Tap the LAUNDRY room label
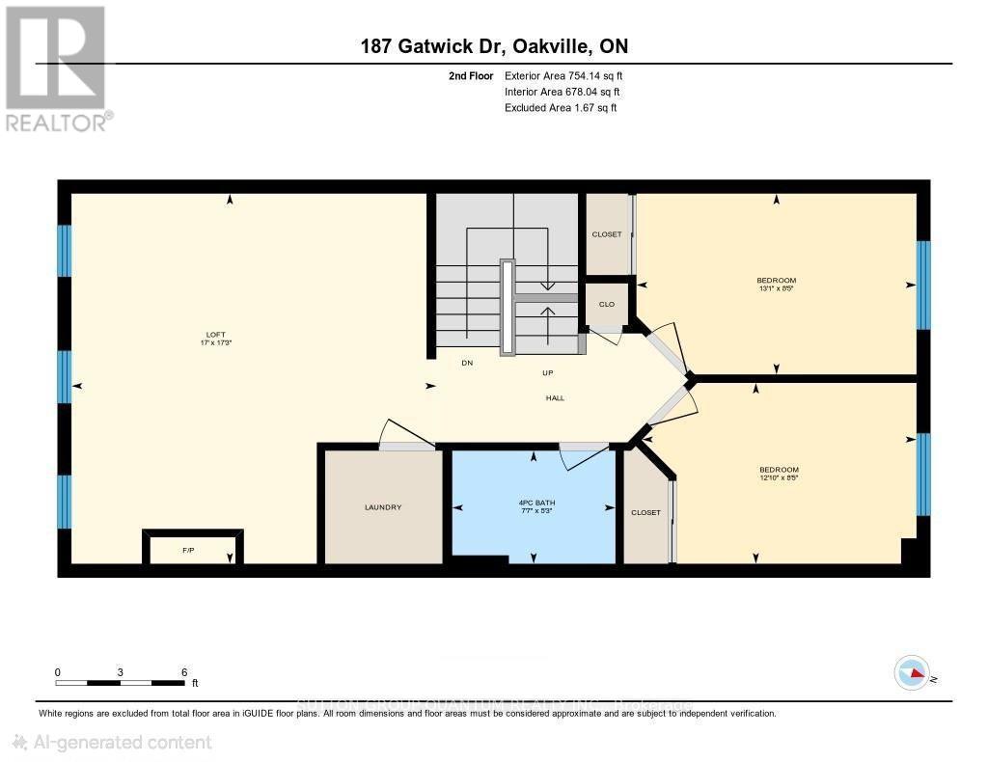pos(383,507)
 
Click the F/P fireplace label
pos(188,551)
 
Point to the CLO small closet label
pos(607,304)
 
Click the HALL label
pos(555,397)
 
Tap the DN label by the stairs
pos(467,363)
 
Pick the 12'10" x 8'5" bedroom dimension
pos(779,476)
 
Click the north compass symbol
pos(912,672)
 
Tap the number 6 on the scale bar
pos(183,671)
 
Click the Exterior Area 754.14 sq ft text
pos(569,75)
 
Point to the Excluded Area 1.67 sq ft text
pos(560,108)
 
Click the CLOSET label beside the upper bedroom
pos(607,234)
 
